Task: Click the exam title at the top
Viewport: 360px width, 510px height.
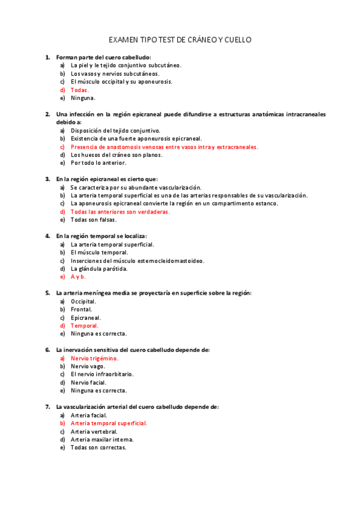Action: tap(180, 40)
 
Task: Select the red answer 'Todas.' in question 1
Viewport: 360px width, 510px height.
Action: tap(79, 90)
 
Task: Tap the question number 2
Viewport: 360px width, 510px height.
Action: tap(47, 114)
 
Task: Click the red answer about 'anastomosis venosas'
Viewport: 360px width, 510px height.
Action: tap(164, 147)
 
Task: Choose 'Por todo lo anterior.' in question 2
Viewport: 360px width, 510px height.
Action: tap(98, 163)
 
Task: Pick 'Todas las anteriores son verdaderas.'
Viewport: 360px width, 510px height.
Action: tap(120, 212)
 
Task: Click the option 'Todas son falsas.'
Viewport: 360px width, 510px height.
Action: tap(93, 220)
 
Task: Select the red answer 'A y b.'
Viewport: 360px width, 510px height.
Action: tap(78, 277)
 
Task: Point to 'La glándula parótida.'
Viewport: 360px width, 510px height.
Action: tap(99, 269)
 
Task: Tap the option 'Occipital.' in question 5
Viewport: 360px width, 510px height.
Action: tap(83, 301)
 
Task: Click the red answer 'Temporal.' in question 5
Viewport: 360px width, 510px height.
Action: tap(84, 325)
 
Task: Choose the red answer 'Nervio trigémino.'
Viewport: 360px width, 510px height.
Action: tap(94, 358)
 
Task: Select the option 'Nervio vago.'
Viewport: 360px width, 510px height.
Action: tap(88, 366)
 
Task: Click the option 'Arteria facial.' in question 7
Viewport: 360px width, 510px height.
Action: tap(88, 415)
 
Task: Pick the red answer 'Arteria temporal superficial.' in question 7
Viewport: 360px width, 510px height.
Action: tap(109, 423)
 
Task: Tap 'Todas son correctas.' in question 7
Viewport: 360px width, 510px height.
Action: tap(98, 447)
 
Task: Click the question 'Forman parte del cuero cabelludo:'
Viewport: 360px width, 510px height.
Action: tap(103, 57)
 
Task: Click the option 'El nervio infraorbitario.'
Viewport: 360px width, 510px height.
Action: tap(102, 374)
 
